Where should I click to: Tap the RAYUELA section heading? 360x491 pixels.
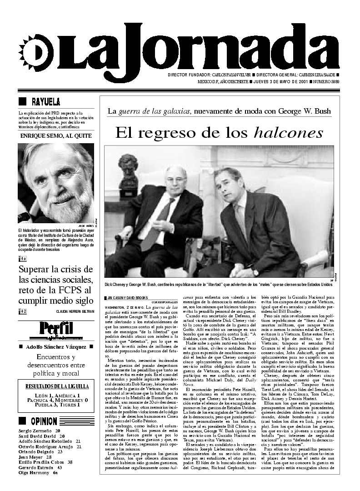click(x=45, y=102)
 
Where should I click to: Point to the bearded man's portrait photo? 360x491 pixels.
click(x=56, y=183)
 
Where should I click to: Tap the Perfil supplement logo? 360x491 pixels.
click(x=56, y=329)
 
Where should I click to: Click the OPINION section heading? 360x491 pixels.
click(x=44, y=421)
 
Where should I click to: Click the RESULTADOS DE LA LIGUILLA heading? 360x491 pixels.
click(x=57, y=386)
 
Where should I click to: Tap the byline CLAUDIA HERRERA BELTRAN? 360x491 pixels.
click(x=75, y=311)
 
